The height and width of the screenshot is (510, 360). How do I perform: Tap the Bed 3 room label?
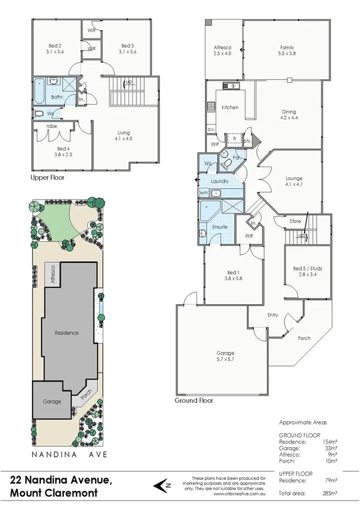(127, 49)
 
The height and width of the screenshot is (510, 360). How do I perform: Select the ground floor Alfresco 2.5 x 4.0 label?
(224, 51)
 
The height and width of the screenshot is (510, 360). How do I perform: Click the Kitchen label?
(230, 108)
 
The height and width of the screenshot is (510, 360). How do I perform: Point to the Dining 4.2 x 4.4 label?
(289, 115)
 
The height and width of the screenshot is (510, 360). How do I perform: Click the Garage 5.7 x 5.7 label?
(225, 356)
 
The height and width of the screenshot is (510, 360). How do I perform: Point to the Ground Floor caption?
(194, 400)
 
